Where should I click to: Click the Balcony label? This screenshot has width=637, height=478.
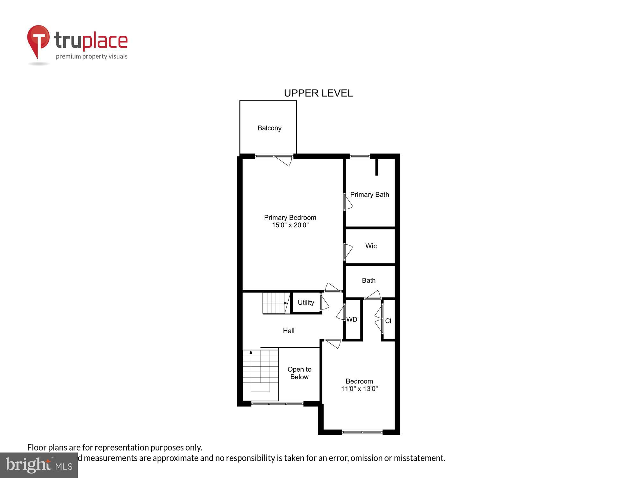(269, 128)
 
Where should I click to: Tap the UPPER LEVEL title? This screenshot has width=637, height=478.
(318, 93)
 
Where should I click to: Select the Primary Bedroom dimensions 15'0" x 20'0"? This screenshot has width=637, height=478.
(290, 225)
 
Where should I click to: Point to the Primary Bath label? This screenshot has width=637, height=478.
(369, 194)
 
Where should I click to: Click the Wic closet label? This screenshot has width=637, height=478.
(371, 246)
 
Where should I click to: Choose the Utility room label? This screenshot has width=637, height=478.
(306, 302)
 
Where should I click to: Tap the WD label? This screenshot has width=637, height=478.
(352, 319)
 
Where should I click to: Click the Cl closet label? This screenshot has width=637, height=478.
(388, 321)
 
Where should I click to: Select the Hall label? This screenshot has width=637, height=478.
(289, 331)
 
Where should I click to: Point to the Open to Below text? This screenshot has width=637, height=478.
(299, 373)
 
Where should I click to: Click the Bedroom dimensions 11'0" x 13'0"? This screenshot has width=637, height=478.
(359, 389)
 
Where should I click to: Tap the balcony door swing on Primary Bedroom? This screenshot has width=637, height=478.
(284, 161)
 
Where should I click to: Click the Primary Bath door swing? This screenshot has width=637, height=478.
(348, 202)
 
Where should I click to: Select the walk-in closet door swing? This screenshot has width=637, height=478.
(348, 251)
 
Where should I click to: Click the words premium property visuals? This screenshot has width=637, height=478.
(92, 56)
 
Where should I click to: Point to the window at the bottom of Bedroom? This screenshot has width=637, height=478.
(362, 432)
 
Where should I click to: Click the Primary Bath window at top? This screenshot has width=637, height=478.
(360, 156)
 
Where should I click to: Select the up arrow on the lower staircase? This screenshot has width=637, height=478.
(251, 352)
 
